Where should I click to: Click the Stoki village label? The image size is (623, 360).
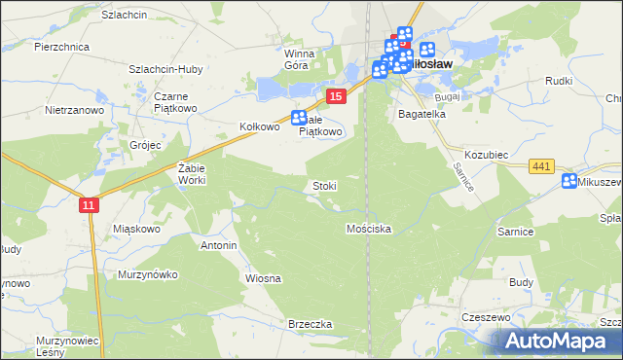[x=324, y=185]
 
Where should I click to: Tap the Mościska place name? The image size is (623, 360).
[x=369, y=229]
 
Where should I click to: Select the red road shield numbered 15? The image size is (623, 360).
[x=335, y=95]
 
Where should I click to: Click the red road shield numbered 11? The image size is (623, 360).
[x=90, y=204]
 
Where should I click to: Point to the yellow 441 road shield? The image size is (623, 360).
[x=542, y=167]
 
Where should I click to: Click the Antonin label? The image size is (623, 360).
[x=219, y=245]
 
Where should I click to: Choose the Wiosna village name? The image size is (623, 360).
[x=263, y=278]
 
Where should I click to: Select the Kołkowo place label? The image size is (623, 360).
[x=260, y=126]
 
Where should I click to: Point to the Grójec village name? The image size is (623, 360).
[x=145, y=145]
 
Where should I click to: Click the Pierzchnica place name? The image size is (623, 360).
[x=61, y=46]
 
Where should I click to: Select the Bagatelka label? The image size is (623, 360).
[x=421, y=114]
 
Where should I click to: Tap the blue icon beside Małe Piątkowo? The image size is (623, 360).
[x=300, y=119]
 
